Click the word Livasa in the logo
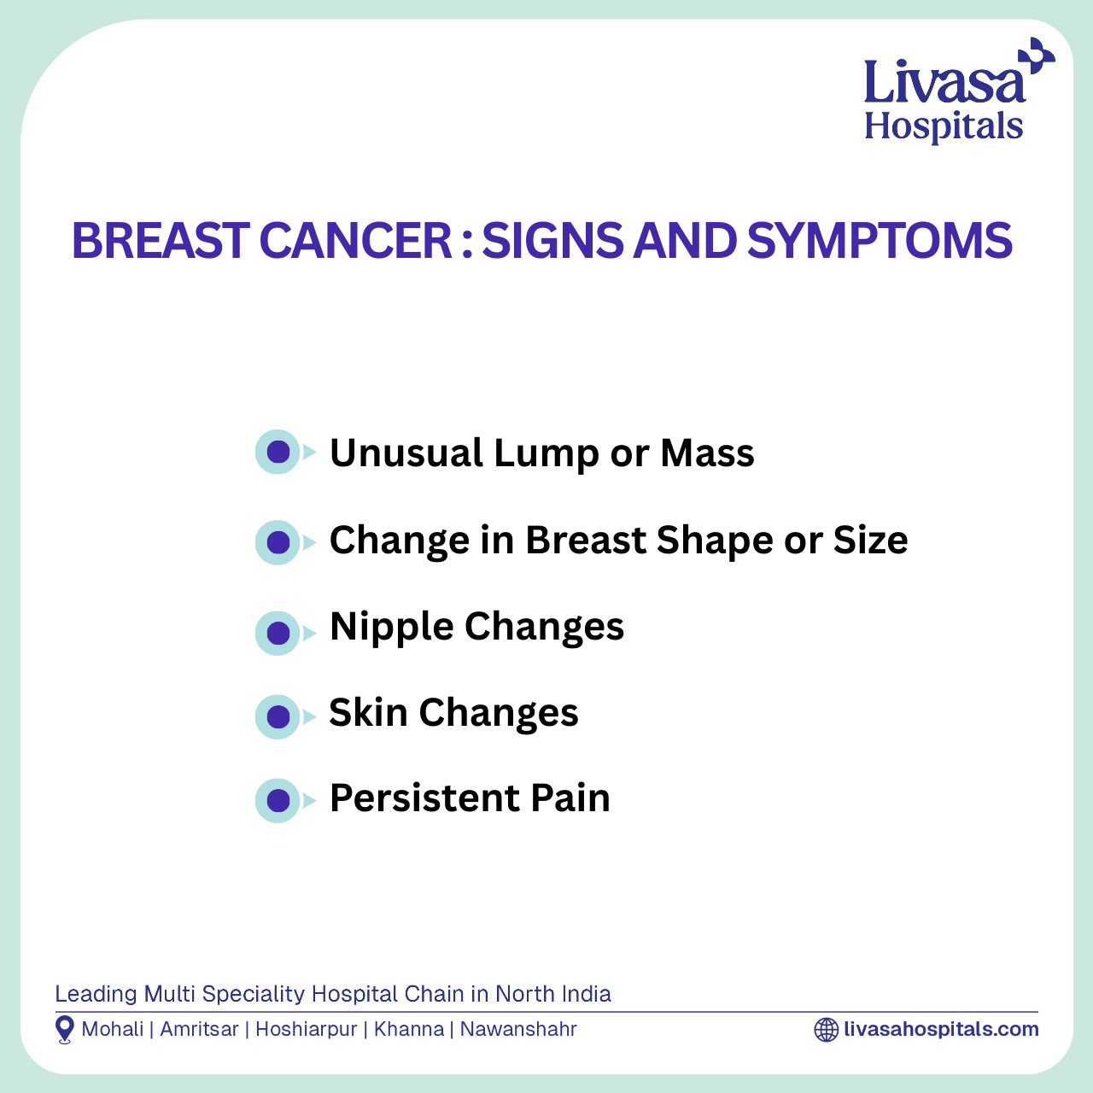click(945, 83)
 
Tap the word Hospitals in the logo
click(944, 126)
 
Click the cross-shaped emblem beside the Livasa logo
click(1037, 56)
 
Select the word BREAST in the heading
click(161, 241)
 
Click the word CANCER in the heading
click(355, 241)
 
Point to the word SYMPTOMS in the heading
click(880, 241)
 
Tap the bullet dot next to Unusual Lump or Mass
click(278, 452)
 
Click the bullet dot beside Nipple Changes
click(278, 633)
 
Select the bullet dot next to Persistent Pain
click(278, 801)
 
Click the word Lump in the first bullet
click(546, 453)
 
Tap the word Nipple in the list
click(392, 628)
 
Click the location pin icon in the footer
click(65, 1030)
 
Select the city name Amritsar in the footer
click(200, 1029)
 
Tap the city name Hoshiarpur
click(307, 1030)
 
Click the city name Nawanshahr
click(518, 1029)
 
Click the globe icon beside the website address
click(827, 1030)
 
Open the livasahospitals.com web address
click(942, 1030)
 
